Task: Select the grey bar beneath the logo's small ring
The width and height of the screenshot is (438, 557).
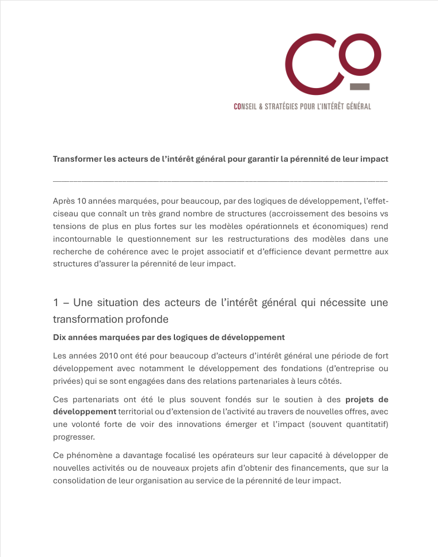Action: tap(360, 87)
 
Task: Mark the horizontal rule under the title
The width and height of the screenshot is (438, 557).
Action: tap(220, 181)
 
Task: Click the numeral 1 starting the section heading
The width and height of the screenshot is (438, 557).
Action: tap(56, 303)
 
